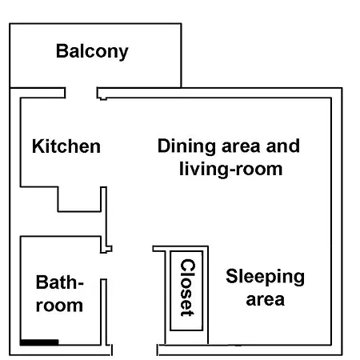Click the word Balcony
92,51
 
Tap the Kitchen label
66,146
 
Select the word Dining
186,146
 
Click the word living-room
231,170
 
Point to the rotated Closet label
188,287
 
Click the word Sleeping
265,277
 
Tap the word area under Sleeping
265,300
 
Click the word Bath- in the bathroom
60,282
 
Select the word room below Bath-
59,306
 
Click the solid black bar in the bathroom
39,342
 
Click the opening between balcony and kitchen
81,93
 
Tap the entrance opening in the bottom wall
134,350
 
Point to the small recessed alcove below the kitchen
79,199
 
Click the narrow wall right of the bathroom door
104,312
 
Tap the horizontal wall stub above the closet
180,249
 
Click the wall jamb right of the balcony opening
102,94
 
